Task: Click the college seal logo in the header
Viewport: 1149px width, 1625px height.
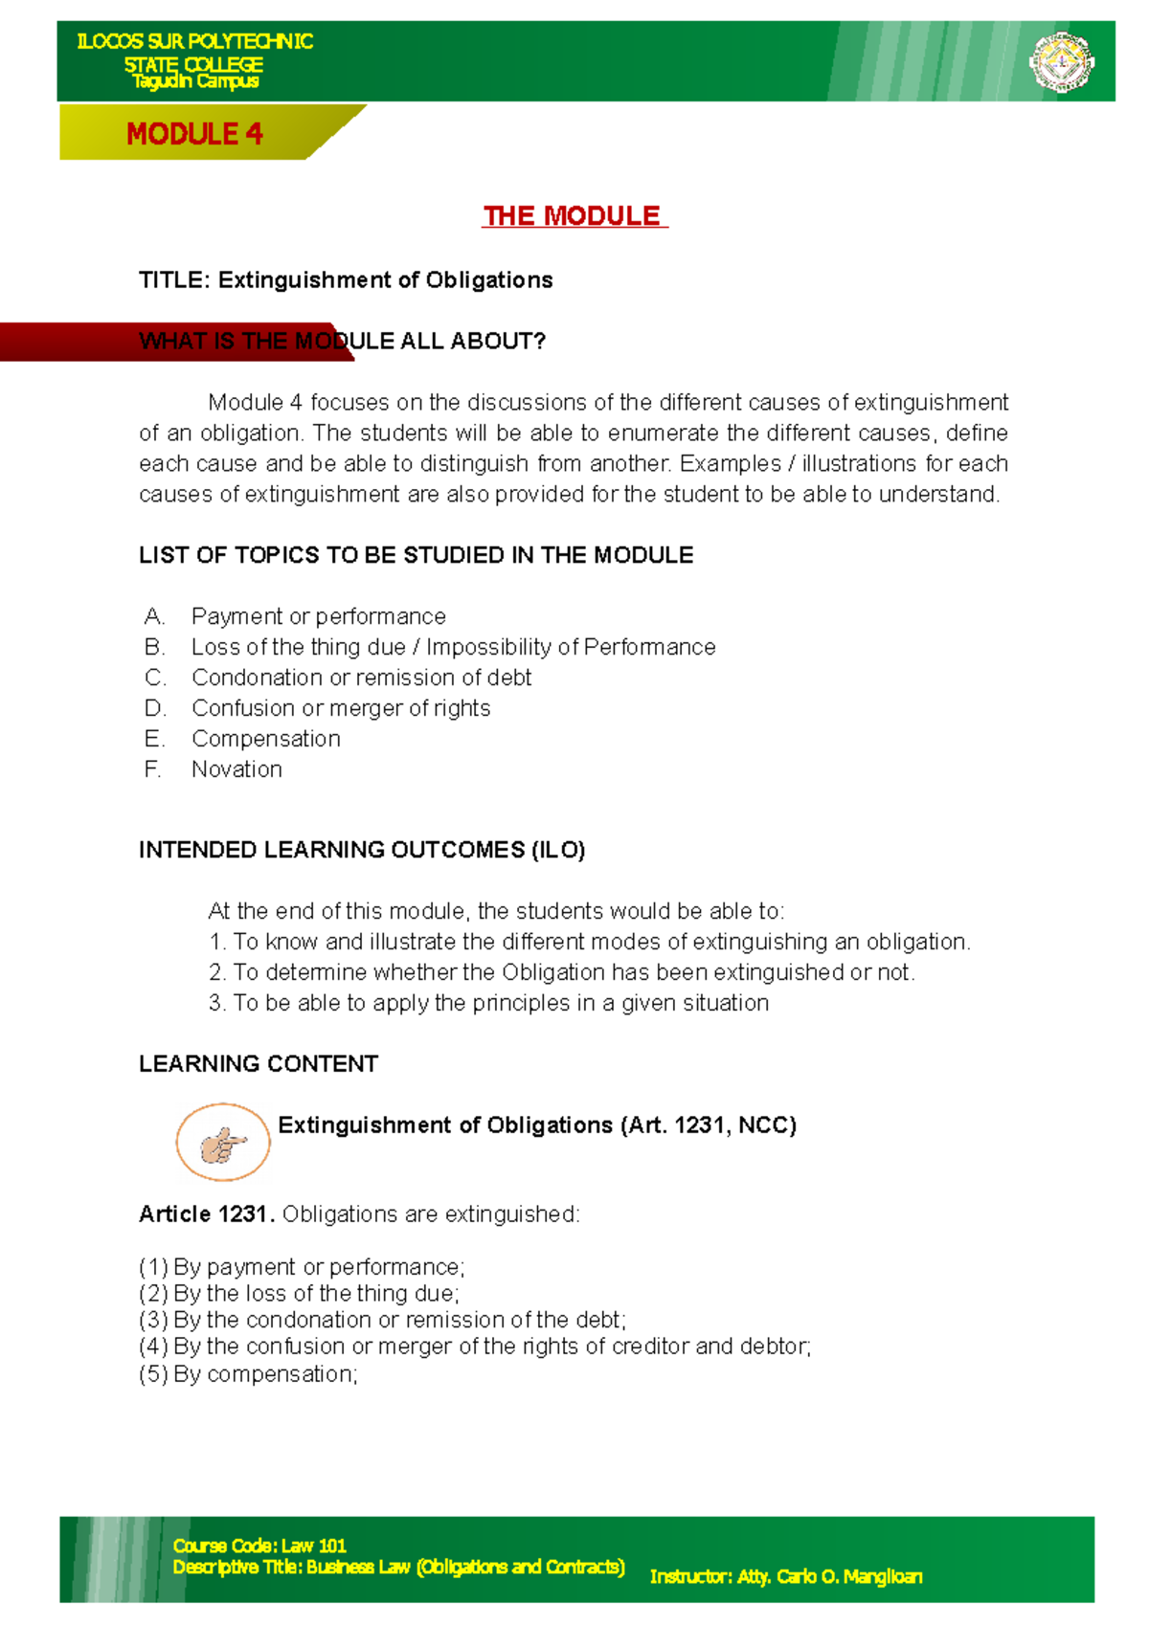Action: pyautogui.click(x=1061, y=62)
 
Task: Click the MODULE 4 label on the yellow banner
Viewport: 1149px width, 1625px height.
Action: pyautogui.click(x=194, y=134)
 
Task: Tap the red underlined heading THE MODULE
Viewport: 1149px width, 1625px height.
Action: pyautogui.click(x=573, y=216)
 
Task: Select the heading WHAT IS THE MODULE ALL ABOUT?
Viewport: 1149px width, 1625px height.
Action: pyautogui.click(x=342, y=342)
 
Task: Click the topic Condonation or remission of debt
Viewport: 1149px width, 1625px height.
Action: pyautogui.click(x=361, y=678)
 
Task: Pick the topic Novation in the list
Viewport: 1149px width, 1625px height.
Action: pyautogui.click(x=237, y=769)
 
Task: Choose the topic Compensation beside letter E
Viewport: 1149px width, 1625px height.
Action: pyautogui.click(x=266, y=739)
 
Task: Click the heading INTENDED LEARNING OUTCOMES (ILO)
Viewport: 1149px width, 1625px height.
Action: pyautogui.click(x=362, y=850)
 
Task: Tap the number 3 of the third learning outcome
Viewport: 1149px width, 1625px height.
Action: pyautogui.click(x=215, y=1003)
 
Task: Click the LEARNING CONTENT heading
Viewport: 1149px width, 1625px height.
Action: pyautogui.click(x=259, y=1064)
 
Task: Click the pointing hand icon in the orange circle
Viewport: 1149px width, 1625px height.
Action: pyautogui.click(x=222, y=1143)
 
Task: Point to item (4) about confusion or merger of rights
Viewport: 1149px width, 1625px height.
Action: pyautogui.click(x=475, y=1347)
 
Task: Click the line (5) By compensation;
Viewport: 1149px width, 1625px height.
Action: pyautogui.click(x=249, y=1374)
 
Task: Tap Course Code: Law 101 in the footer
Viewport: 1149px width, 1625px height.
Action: pyautogui.click(x=259, y=1546)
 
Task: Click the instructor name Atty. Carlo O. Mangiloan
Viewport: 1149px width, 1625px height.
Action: pyautogui.click(x=829, y=1576)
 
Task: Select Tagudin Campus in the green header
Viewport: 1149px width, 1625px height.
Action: pyautogui.click(x=195, y=81)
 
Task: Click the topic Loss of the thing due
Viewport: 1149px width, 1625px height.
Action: pyautogui.click(x=299, y=647)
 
